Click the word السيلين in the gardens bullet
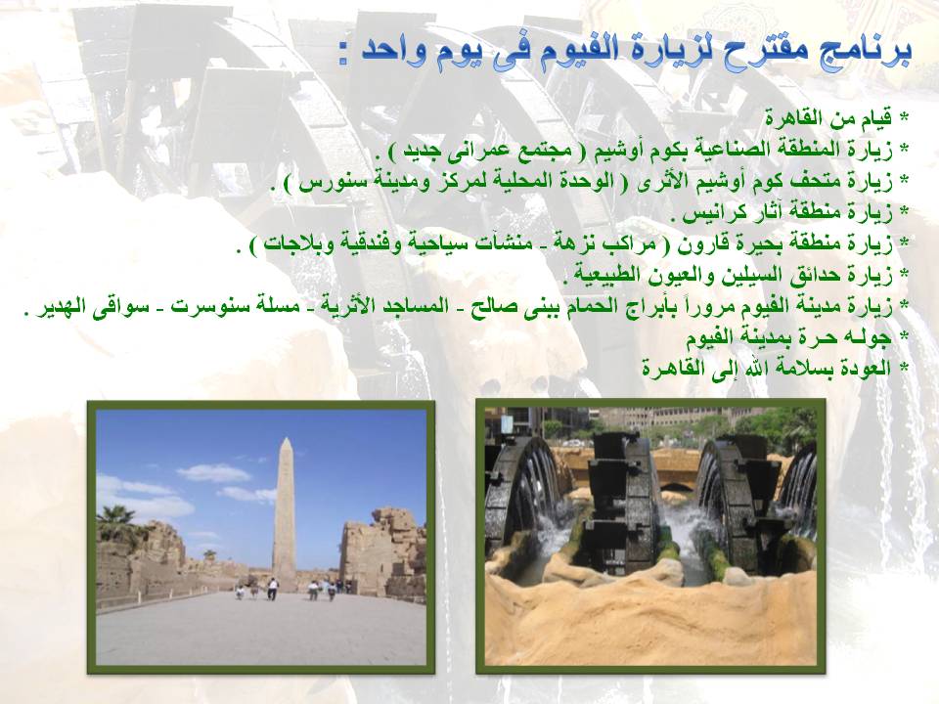point(738,276)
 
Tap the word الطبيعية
point(604,276)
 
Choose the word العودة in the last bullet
point(863,368)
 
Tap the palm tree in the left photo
point(116,522)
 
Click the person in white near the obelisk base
point(273,589)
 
